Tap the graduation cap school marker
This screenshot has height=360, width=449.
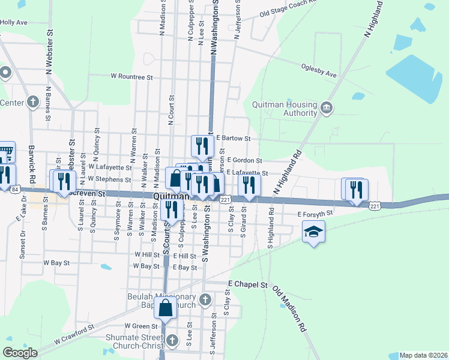[313, 231]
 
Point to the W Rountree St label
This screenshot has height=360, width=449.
[132, 77]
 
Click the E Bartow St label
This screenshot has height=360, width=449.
[233, 138]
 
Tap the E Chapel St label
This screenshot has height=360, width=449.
[247, 283]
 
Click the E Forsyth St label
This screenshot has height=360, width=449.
[315, 214]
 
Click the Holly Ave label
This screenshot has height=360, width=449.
[14, 22]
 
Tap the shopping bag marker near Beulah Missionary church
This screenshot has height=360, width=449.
[166, 308]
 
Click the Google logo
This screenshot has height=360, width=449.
[20, 353]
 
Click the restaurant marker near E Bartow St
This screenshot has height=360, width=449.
[202, 145]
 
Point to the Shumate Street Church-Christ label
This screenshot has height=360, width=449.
[139, 342]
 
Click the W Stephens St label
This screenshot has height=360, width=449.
[109, 179]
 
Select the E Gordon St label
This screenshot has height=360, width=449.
[244, 160]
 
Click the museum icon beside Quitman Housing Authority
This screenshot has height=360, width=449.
[326, 108]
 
